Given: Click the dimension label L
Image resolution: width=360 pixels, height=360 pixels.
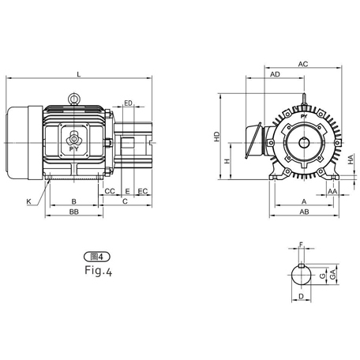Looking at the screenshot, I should pyautogui.click(x=78, y=73).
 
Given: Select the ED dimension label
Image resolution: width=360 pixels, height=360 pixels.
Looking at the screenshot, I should pyautogui.click(x=128, y=103).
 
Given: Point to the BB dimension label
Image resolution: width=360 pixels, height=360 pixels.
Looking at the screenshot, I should pyautogui.click(x=73, y=213).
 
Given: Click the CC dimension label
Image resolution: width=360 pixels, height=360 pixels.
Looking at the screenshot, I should pyautogui.click(x=110, y=191).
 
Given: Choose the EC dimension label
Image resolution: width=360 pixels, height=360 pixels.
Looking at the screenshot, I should pyautogui.click(x=142, y=191).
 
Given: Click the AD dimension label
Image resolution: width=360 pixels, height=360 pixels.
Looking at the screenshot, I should pyautogui.click(x=275, y=74).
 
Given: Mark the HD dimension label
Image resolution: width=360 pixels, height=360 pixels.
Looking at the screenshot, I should pyautogui.click(x=216, y=135).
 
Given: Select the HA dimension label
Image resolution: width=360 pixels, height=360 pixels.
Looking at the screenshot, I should pyautogui.click(x=350, y=160).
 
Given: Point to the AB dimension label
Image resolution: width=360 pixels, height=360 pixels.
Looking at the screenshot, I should pyautogui.click(x=304, y=213).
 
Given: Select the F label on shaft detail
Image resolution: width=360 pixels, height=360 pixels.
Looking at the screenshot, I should pyautogui.click(x=301, y=246).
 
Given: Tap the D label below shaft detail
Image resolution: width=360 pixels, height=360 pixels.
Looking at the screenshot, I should pyautogui.click(x=301, y=297).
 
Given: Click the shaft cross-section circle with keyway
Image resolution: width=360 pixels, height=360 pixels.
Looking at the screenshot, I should pyautogui.click(x=301, y=275).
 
